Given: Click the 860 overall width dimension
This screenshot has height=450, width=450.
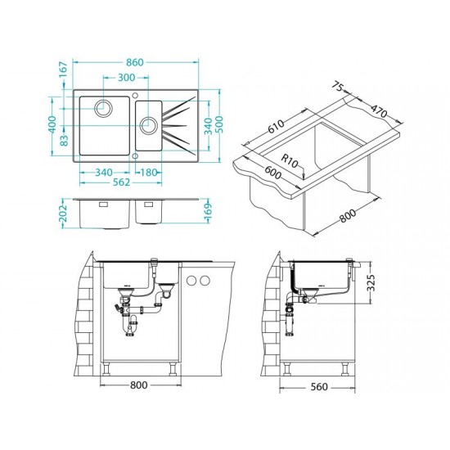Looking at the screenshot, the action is pyautogui.click(x=135, y=62).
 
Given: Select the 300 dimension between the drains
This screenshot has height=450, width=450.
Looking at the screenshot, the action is pyautogui.click(x=126, y=77).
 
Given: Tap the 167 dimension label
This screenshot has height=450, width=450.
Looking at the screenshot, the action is pyautogui.click(x=63, y=70).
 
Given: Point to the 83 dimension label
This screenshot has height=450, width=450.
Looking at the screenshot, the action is pyautogui.click(x=65, y=140).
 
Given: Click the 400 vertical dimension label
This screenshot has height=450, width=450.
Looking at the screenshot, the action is pyautogui.click(x=52, y=124).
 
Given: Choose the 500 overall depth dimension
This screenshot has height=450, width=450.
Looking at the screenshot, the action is pyautogui.click(x=219, y=124).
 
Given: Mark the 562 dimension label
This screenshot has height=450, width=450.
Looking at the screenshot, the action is pyautogui.click(x=121, y=182).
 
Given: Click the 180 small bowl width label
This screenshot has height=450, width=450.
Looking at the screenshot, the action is pyautogui.click(x=149, y=173).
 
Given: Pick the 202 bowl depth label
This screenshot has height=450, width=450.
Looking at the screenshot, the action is pyautogui.click(x=63, y=214).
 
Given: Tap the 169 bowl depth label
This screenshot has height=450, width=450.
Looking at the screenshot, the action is pyautogui.click(x=208, y=213).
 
